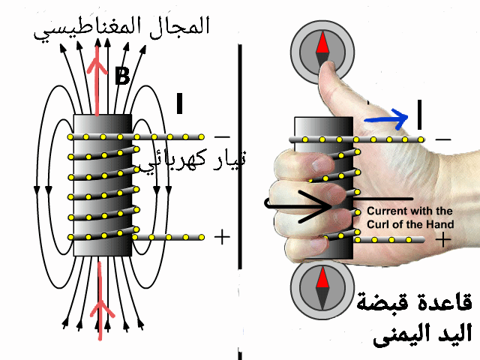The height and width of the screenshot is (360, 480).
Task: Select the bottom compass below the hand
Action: (x=322, y=289)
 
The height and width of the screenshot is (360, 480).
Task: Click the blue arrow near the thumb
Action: (x=387, y=118)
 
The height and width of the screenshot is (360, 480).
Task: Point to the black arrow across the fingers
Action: (x=300, y=202)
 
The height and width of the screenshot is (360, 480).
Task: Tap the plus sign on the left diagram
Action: (x=222, y=237)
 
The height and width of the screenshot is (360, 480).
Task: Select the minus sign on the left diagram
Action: (x=222, y=137)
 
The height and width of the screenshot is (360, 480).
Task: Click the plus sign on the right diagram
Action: (x=444, y=240)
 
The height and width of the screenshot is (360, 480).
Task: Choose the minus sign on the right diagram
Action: (x=444, y=139)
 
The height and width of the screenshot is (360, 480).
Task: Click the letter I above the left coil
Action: (x=179, y=104)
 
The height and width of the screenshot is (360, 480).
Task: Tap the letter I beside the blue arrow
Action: (x=418, y=114)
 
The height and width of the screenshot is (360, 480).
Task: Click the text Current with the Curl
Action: (x=409, y=217)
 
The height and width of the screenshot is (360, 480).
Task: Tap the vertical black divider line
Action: (x=241, y=154)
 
